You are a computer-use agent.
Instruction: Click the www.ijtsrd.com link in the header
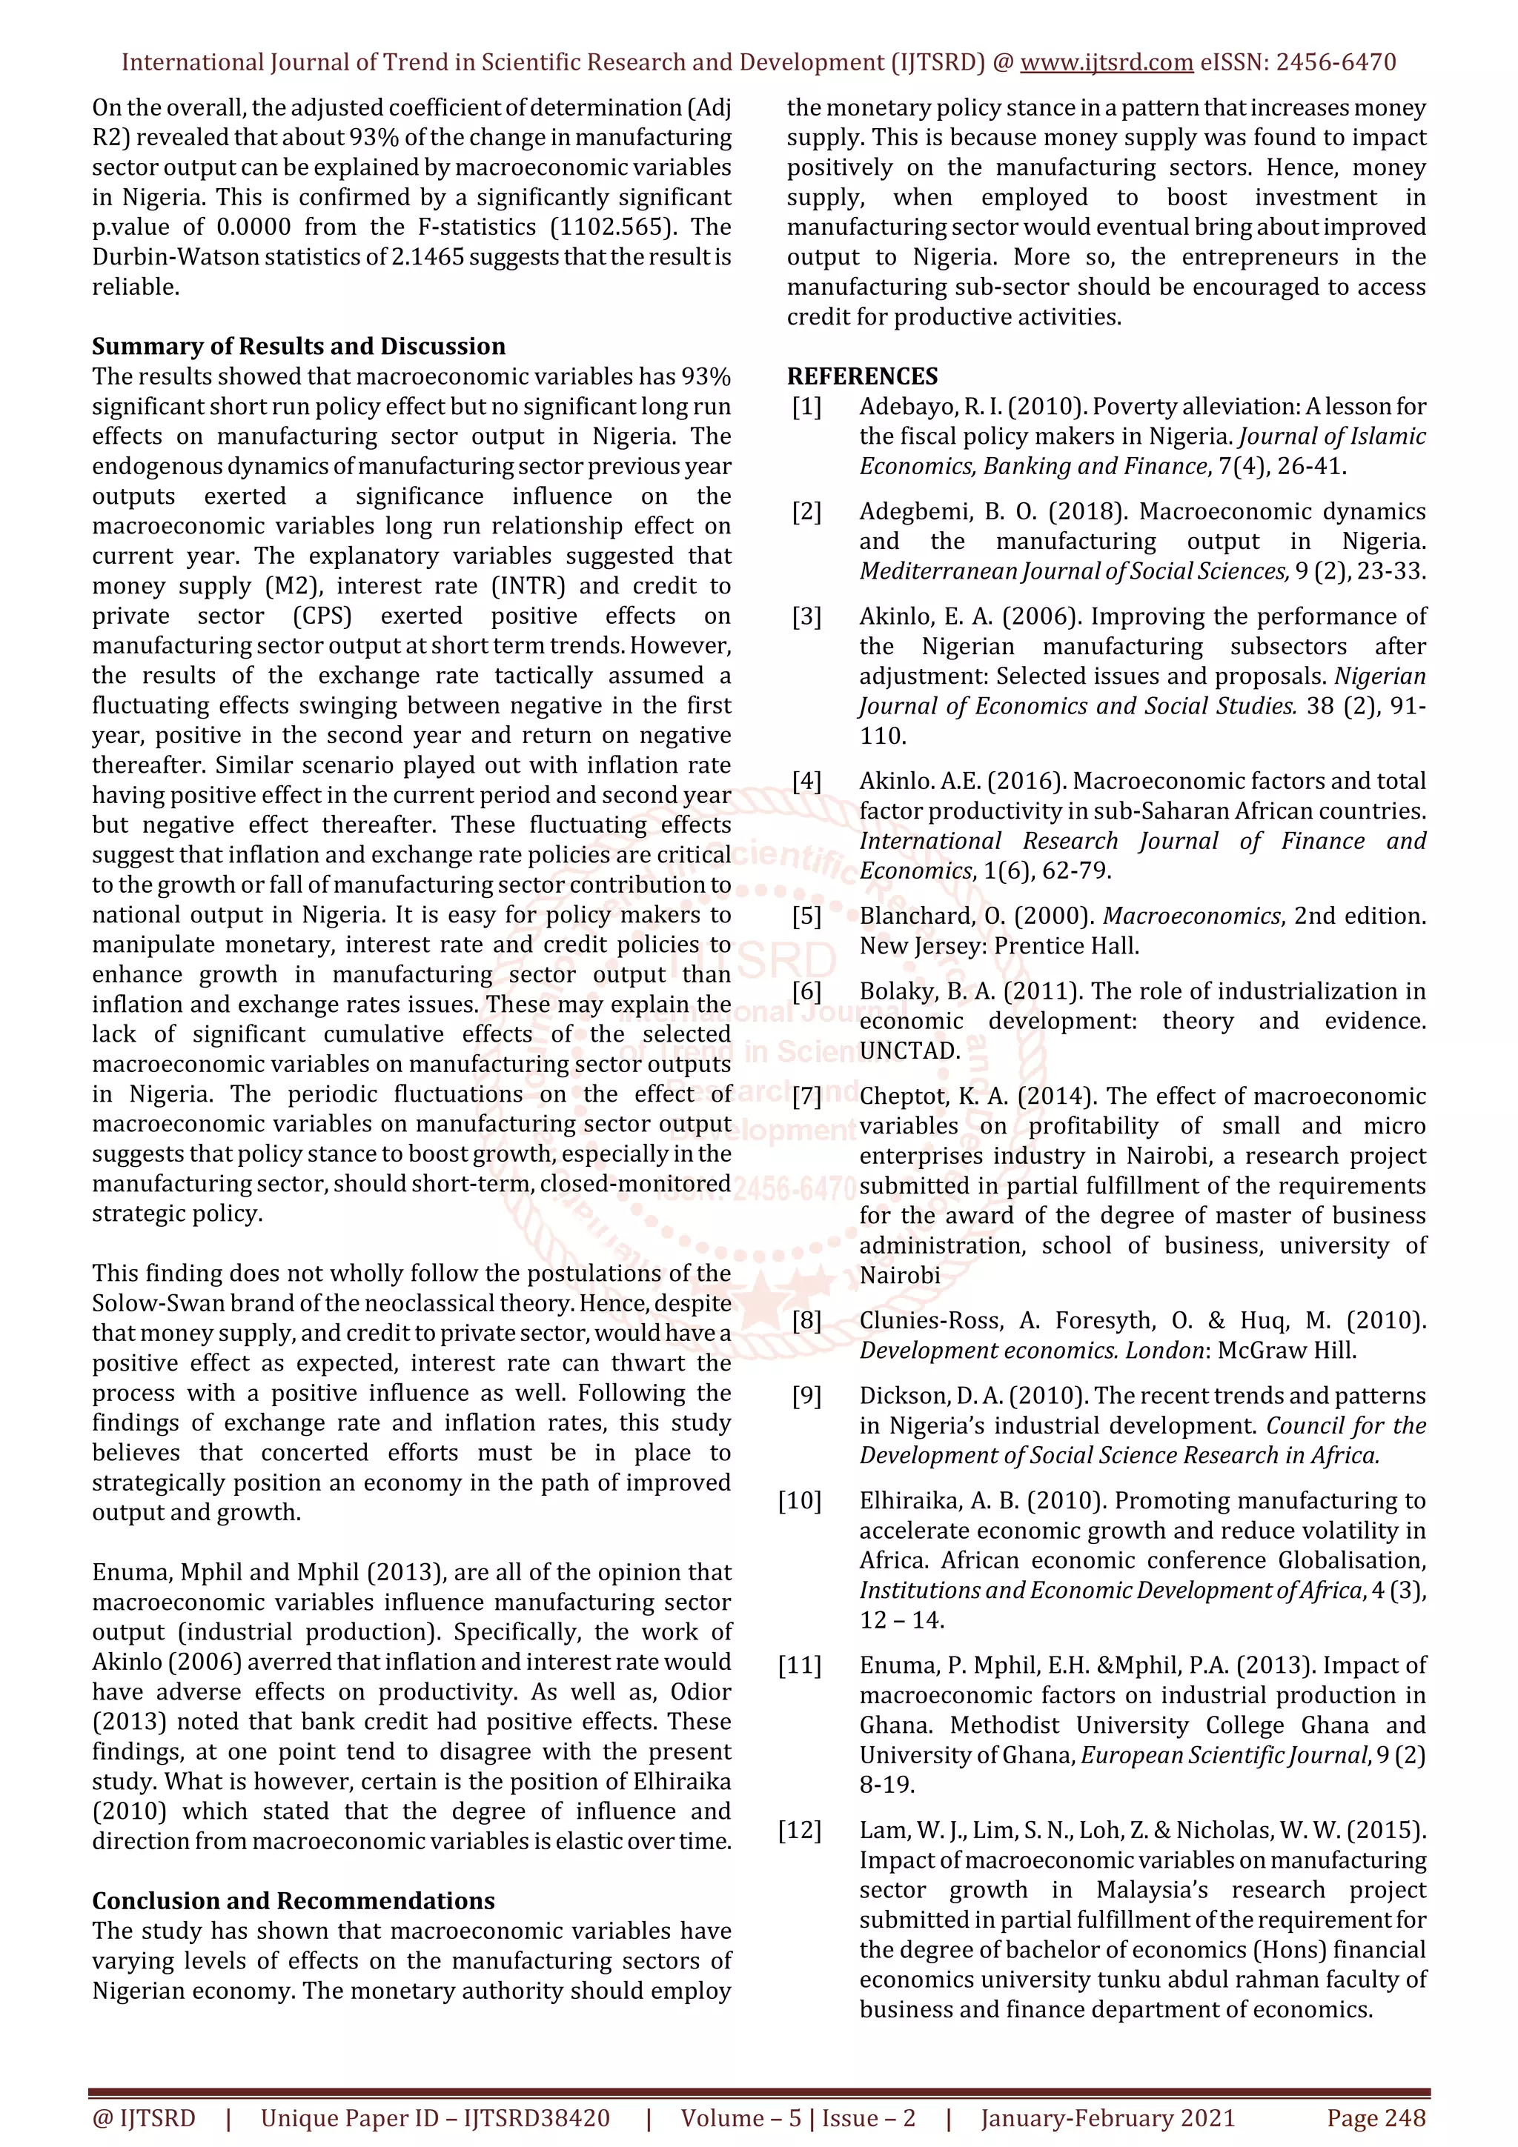click(x=1106, y=63)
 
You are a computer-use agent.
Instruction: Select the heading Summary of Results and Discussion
click(x=299, y=346)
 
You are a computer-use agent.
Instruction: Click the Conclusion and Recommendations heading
click(x=293, y=1901)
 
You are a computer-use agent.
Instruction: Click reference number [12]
click(x=799, y=1830)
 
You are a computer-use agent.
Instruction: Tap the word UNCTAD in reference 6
click(x=909, y=1051)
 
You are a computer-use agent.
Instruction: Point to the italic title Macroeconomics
click(x=1190, y=916)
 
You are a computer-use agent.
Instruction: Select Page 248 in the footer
click(x=1375, y=2118)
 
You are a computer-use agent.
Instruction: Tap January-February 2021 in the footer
click(x=1107, y=2118)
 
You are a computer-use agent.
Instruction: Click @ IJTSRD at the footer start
click(x=144, y=2118)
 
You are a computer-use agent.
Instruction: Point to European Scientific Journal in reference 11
click(x=1225, y=1755)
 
